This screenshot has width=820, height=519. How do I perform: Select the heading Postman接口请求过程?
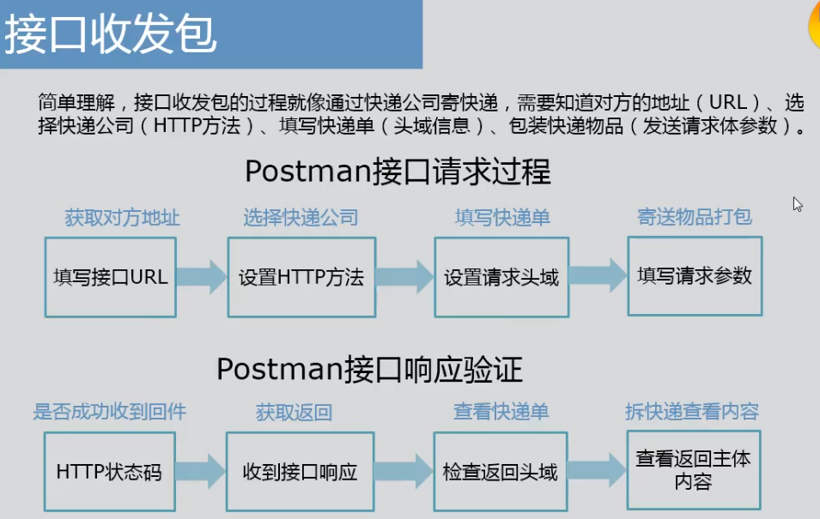(x=398, y=172)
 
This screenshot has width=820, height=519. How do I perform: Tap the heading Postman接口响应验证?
(x=369, y=369)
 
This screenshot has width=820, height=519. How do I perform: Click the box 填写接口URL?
(x=110, y=277)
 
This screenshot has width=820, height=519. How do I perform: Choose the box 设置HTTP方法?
(x=301, y=277)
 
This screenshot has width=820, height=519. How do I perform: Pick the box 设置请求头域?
(x=501, y=277)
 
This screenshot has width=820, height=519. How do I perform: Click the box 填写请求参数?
(x=695, y=275)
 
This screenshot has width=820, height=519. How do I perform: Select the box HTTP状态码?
(x=108, y=472)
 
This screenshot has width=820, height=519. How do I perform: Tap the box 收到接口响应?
(x=300, y=472)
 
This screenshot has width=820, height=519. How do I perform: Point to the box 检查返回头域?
(x=501, y=472)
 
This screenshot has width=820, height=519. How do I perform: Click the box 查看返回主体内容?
(x=693, y=469)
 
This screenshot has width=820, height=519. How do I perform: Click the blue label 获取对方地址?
(x=122, y=218)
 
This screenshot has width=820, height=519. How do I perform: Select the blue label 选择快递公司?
(x=300, y=218)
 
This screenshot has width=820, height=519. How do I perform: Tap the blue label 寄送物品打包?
(x=695, y=216)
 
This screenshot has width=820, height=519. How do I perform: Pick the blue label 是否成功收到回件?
(x=109, y=412)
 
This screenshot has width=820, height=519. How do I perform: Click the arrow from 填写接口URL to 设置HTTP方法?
(x=202, y=276)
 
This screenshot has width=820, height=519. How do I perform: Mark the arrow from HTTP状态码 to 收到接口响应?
(x=201, y=471)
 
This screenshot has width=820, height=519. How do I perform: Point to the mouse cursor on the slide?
(x=798, y=204)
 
